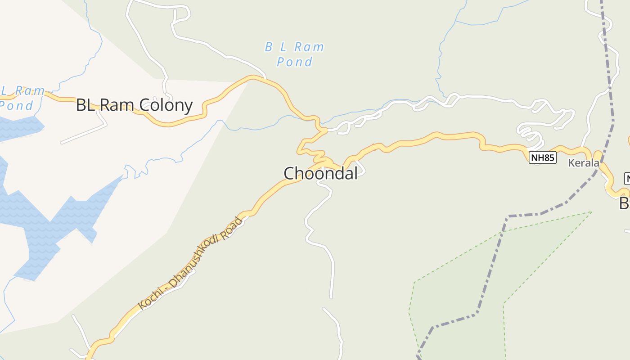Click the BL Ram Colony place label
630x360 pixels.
tap(134, 105)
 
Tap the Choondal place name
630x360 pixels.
tap(320, 173)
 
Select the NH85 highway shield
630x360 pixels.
tap(542, 157)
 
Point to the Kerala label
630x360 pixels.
tap(583, 163)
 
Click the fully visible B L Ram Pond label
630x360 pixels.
tap(294, 54)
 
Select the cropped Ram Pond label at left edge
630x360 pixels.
tap(20, 98)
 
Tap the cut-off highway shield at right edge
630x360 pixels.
tap(627, 178)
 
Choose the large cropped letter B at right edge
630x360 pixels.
tap(624, 203)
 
